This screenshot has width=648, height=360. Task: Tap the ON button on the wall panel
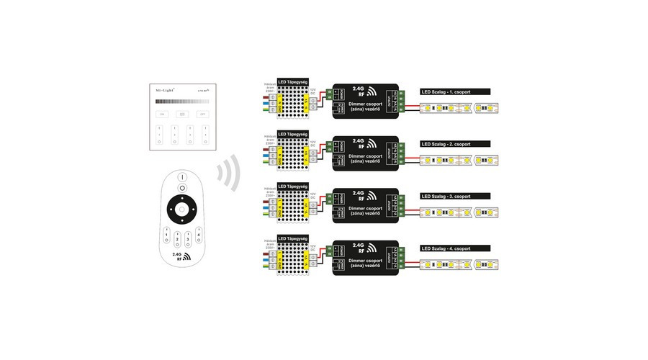163,114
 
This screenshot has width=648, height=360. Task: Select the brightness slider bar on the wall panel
181,102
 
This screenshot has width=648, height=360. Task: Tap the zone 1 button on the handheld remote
166,235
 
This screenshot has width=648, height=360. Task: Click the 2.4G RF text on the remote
177,257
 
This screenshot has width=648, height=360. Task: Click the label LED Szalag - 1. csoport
454,92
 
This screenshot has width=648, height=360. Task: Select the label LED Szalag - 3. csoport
454,196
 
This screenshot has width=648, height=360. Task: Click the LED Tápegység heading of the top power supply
293,83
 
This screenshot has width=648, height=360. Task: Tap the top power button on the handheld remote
181,177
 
